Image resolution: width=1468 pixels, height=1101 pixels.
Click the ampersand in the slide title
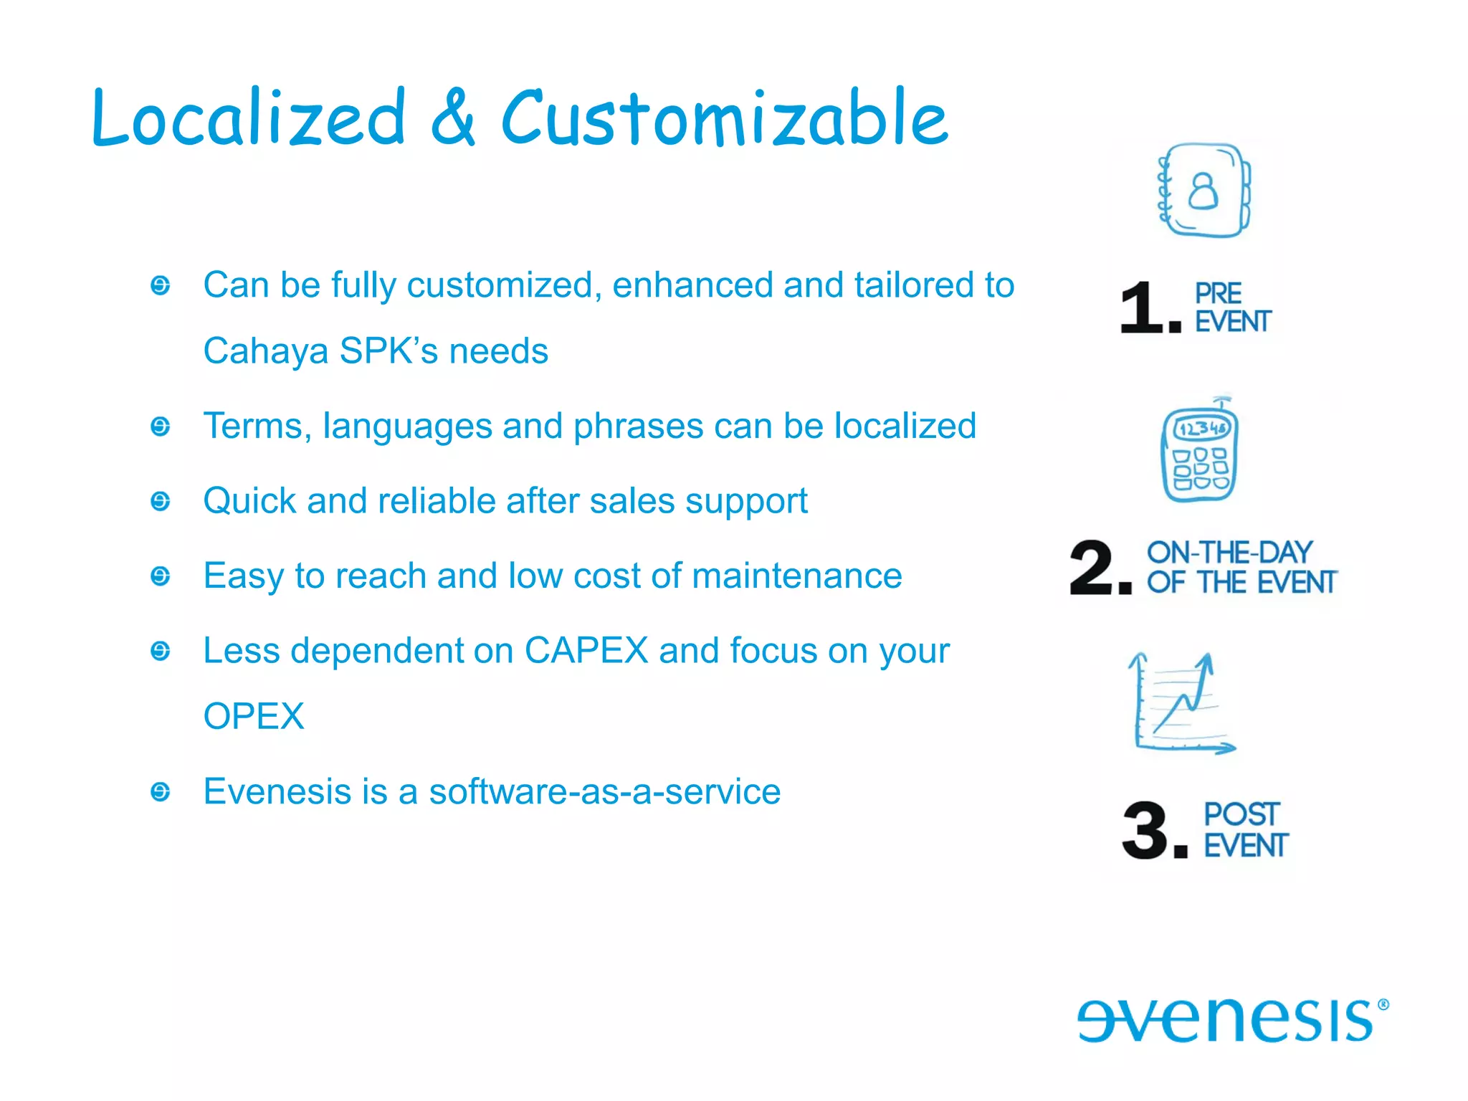tap(453, 118)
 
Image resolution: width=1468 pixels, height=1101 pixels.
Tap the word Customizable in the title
tap(724, 118)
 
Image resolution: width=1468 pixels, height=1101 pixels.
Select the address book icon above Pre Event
tap(1204, 191)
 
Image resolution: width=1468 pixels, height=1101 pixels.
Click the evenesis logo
tap(1231, 1019)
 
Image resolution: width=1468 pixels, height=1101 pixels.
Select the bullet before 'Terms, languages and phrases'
tap(161, 427)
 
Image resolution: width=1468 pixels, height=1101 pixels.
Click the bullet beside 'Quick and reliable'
tap(161, 501)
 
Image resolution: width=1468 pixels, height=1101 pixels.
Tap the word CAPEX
tap(586, 651)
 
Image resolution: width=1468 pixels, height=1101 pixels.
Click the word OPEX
tap(254, 717)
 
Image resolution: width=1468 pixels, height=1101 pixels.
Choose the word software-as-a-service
tap(604, 792)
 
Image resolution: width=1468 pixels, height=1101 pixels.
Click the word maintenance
tap(796, 576)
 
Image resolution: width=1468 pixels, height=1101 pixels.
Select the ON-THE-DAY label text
tap(1229, 553)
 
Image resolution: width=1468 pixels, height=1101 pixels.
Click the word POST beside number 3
tap(1241, 814)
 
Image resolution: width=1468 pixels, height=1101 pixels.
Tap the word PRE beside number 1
tap(1218, 293)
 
